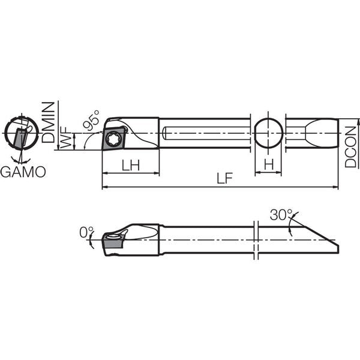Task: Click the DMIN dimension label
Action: coord(48,122)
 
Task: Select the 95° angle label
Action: coord(91,120)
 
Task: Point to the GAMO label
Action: coord(23,172)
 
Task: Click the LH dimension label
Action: coord(130,165)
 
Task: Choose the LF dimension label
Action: coord(225,178)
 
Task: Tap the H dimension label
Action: coord(269,164)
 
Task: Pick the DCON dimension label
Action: coord(350,147)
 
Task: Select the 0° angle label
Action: coord(86,232)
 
